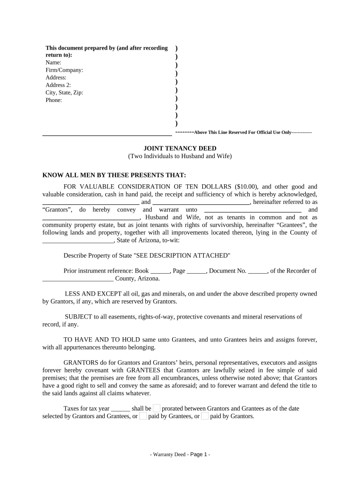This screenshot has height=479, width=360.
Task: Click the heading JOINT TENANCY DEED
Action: (180, 148)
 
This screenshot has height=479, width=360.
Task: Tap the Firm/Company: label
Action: (64, 70)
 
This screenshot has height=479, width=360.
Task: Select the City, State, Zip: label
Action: (64, 93)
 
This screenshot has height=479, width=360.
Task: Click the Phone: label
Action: (54, 100)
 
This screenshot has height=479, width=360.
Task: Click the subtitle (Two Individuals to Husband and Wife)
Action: (180, 156)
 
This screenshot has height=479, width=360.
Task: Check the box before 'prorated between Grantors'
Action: (157, 408)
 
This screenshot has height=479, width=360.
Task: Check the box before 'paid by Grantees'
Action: (143, 416)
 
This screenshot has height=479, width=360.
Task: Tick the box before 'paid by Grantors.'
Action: (205, 416)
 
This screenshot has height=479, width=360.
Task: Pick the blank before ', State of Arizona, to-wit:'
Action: (78, 241)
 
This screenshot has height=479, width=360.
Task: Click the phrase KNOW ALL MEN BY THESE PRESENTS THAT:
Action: (115, 175)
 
